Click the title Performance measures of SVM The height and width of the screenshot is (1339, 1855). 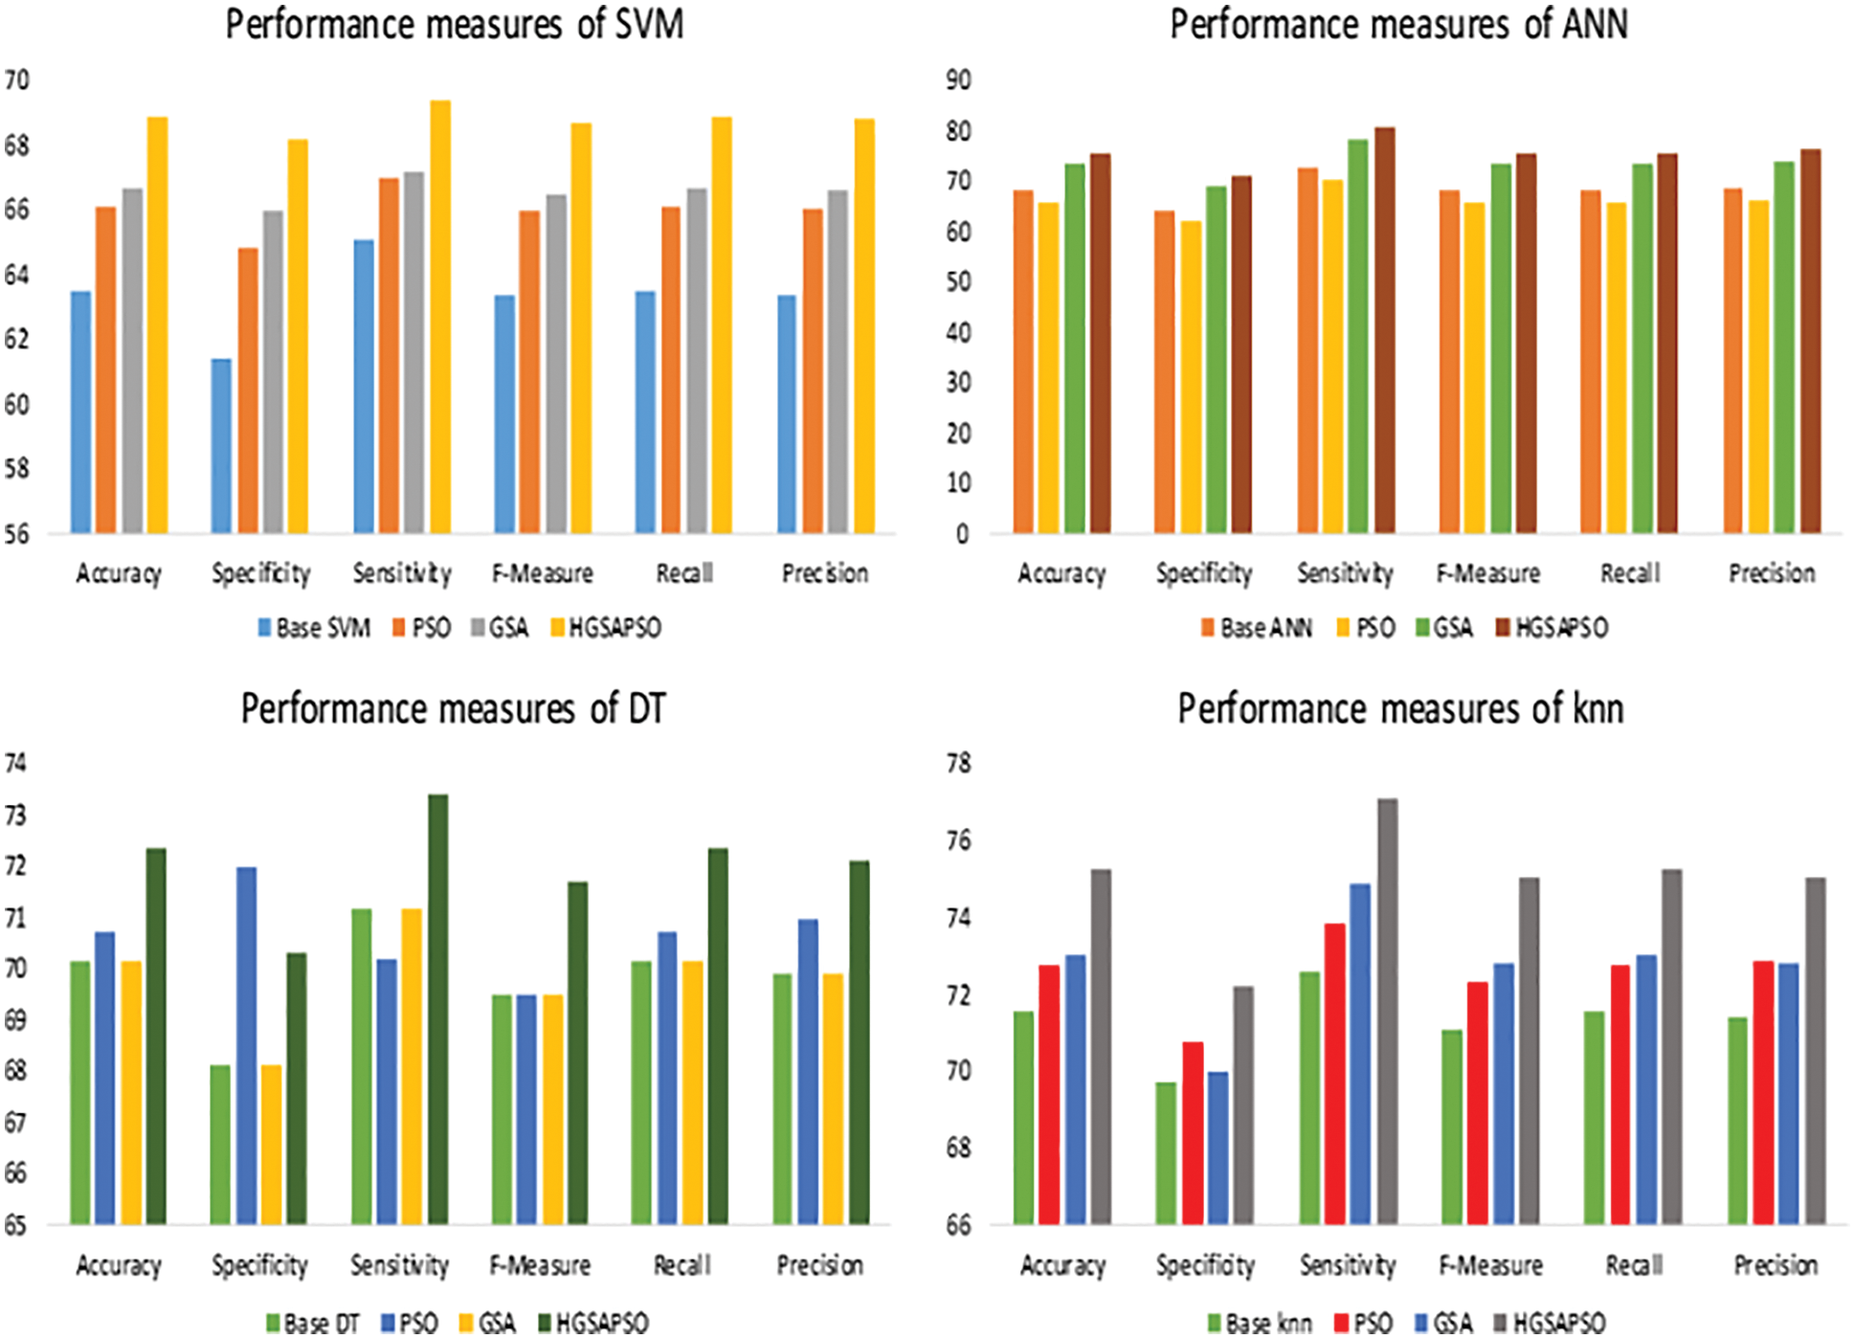(x=455, y=25)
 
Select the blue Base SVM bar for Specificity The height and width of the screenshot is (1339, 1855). (x=221, y=446)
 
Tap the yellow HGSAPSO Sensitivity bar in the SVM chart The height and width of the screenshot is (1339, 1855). (x=440, y=316)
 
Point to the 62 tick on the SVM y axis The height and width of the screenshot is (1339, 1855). (x=16, y=340)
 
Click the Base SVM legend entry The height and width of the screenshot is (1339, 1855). (x=313, y=628)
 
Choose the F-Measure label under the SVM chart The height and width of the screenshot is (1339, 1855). (x=543, y=573)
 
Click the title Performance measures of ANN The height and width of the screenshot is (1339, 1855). (x=1398, y=25)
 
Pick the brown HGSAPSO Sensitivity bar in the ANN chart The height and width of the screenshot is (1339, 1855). (x=1385, y=330)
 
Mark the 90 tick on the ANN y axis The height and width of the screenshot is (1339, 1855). (x=958, y=80)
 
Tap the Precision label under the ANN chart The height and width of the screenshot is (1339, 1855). (x=1772, y=573)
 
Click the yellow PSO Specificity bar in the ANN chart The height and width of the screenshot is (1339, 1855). (x=1190, y=377)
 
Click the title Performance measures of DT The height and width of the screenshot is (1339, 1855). (x=453, y=709)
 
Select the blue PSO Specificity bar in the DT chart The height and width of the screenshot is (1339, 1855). (x=246, y=1045)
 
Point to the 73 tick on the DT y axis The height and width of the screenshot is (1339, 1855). (x=16, y=815)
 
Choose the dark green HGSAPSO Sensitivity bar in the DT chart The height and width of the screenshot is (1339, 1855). (x=437, y=1010)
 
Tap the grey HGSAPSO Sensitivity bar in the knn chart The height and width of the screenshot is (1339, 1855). (x=1387, y=1012)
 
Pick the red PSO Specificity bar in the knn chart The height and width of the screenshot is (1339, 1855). (x=1193, y=1133)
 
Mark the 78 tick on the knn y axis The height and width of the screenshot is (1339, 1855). (x=958, y=764)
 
